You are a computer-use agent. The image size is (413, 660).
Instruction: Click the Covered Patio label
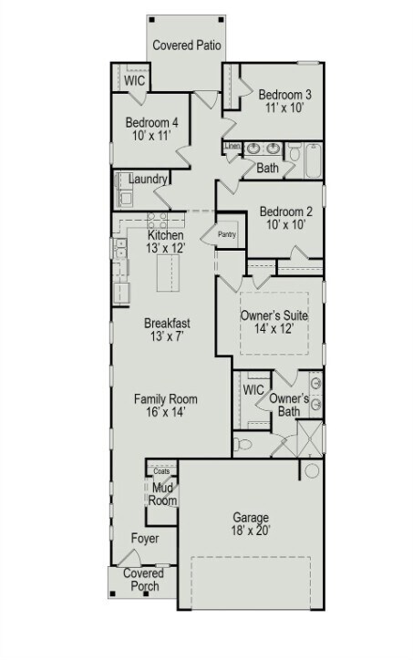189,45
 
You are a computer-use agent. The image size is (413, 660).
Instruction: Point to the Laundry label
149,180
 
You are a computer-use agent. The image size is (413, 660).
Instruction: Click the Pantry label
226,233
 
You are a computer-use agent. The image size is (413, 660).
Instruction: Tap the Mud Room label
161,493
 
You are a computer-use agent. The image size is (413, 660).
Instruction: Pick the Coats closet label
160,471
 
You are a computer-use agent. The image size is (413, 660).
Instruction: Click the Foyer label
144,539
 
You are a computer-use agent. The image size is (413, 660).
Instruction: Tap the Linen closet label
232,147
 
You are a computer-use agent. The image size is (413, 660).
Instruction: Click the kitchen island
168,273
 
